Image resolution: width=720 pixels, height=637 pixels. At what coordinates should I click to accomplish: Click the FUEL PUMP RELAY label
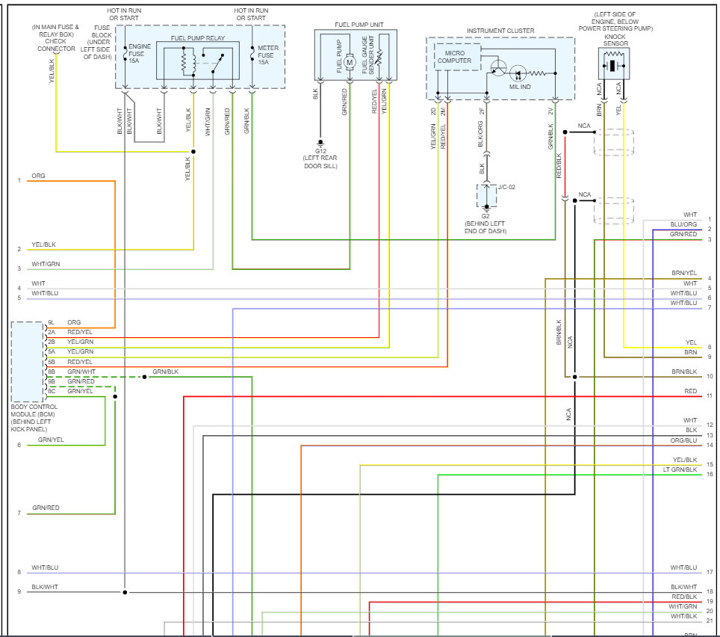coord(198,38)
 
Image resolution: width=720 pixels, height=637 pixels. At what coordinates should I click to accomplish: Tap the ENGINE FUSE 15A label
coord(140,53)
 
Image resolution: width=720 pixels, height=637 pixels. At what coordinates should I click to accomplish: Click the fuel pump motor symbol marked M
coord(350,62)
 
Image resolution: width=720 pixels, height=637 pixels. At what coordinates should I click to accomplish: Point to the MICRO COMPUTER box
coord(457,57)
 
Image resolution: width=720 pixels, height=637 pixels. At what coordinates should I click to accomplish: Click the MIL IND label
coord(520,87)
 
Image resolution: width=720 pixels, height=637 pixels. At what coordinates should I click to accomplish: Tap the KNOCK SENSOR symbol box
coord(614,64)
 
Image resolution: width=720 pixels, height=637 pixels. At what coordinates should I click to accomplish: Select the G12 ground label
coord(320,151)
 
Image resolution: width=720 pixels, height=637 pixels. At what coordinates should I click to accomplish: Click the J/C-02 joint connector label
coord(506,187)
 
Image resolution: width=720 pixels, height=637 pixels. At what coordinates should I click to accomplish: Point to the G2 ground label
coord(485,216)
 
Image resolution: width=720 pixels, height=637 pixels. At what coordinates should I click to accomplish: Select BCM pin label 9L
coord(51,323)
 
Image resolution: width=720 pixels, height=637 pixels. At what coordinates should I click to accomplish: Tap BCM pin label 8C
coord(52,391)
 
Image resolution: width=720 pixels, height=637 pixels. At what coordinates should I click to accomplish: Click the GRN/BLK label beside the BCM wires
coord(165,372)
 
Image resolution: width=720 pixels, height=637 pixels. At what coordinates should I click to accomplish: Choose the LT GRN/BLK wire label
coord(680,470)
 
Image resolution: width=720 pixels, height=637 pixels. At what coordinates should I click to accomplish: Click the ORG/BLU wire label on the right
coord(683,440)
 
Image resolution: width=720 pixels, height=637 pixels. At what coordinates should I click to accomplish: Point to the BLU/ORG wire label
coord(683,224)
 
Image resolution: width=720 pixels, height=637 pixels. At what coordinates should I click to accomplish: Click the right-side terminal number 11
coord(710,396)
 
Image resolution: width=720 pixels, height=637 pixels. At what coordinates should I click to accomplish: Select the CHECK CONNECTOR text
coord(56,45)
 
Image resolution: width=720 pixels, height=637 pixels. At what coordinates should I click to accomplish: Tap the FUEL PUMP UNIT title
coord(359,25)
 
